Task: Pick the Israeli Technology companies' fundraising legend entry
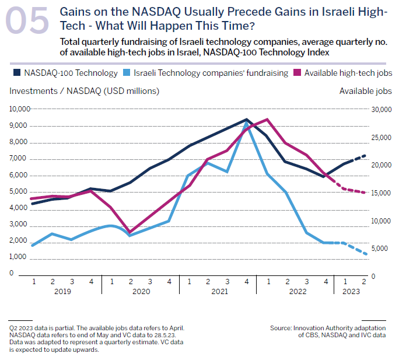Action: point(211,73)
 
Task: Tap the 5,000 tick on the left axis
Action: point(20,191)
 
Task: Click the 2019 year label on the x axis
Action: point(62,292)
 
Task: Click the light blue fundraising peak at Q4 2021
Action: point(247,124)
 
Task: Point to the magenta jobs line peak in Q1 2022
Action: point(267,119)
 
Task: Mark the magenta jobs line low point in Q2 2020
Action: point(131,232)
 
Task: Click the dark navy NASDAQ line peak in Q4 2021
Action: point(247,119)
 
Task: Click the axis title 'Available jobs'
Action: point(365,91)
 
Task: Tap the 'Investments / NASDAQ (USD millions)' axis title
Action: point(84,91)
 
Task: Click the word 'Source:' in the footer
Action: point(282,328)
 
